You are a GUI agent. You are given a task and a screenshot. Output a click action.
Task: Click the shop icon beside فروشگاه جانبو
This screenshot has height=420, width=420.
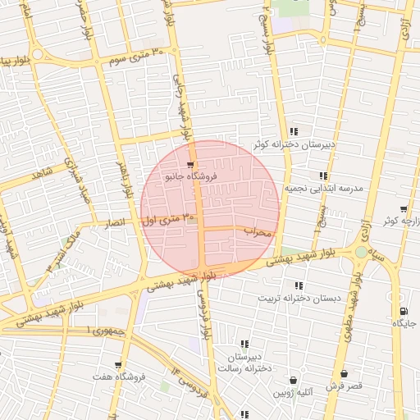(x=190, y=164)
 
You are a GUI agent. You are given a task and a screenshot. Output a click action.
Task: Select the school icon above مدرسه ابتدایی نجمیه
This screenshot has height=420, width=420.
(x=324, y=176)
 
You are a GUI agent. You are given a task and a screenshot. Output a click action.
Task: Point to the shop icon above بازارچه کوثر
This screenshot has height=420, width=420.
(x=403, y=209)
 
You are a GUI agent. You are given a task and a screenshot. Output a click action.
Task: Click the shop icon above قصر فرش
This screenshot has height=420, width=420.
(x=344, y=373)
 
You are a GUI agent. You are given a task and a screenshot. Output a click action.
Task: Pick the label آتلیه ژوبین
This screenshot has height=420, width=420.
(x=293, y=393)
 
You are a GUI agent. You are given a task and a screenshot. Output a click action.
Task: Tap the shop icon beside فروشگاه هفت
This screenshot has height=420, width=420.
(x=119, y=365)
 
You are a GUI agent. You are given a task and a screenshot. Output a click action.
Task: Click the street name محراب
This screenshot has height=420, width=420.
(x=257, y=233)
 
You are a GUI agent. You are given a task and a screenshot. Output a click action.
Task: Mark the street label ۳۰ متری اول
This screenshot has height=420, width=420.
(x=171, y=219)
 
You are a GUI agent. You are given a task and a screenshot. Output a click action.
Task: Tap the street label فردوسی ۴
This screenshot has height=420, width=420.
(x=189, y=381)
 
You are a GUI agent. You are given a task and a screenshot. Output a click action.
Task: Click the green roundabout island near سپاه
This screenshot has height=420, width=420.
(x=361, y=252)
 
